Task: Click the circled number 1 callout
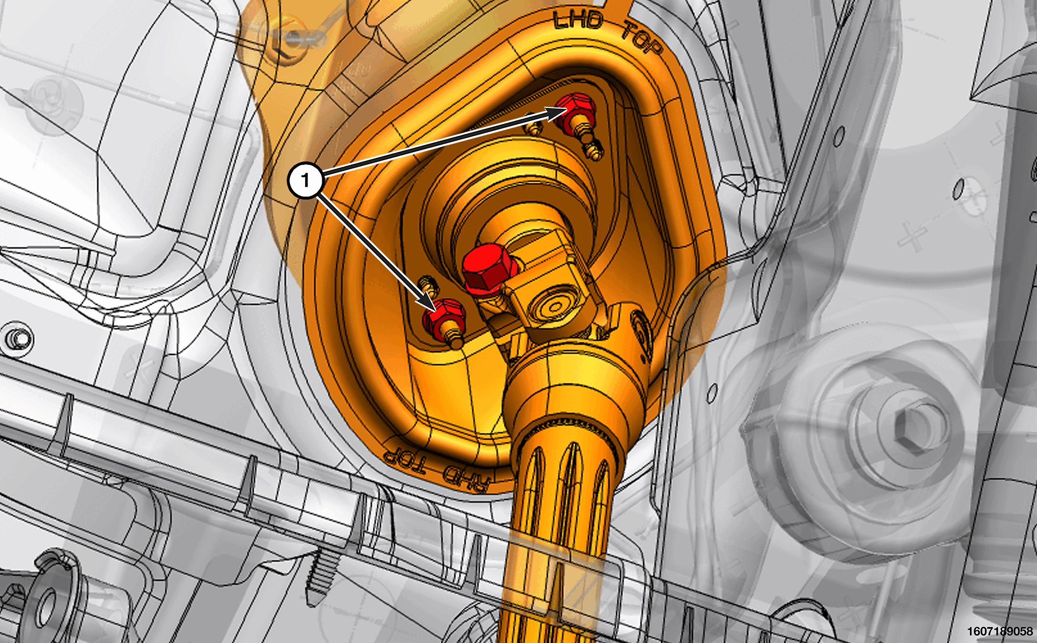(306, 180)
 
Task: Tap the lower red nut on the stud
(442, 318)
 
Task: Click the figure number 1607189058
(999, 631)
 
